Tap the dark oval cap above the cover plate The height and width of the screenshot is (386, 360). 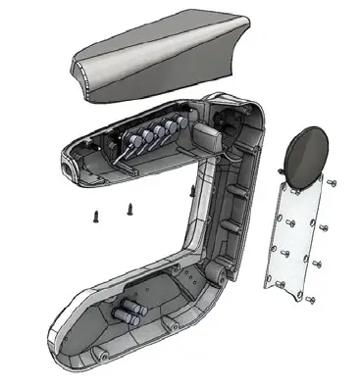tap(305, 154)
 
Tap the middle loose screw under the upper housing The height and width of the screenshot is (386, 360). tap(129, 208)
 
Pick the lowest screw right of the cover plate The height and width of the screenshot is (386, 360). tap(311, 298)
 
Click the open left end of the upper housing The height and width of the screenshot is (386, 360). tap(69, 168)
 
